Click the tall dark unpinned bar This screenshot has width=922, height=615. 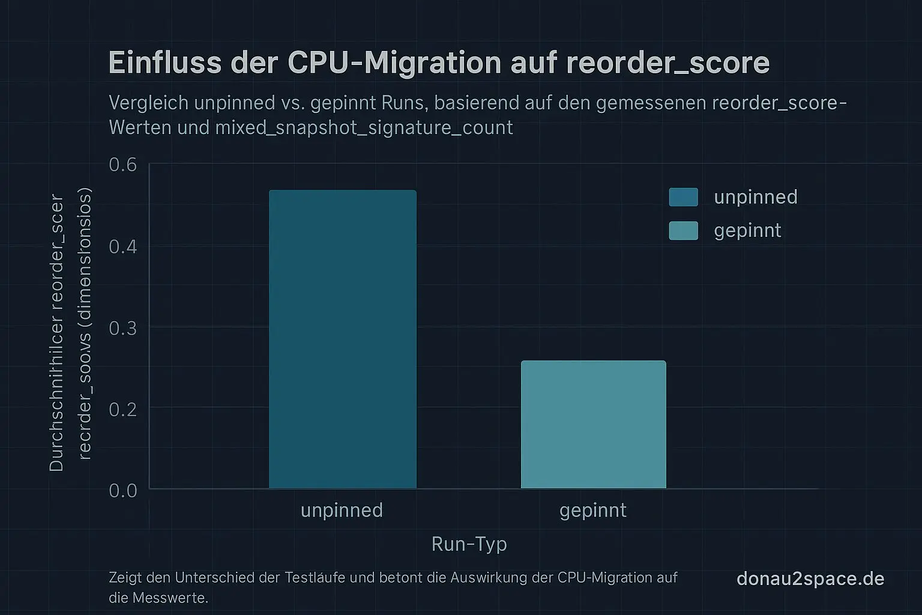click(x=342, y=339)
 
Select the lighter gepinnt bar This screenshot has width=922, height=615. click(x=593, y=425)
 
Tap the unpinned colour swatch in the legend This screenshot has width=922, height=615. click(x=683, y=197)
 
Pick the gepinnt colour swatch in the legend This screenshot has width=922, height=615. click(x=683, y=231)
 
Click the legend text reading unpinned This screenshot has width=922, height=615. click(x=755, y=197)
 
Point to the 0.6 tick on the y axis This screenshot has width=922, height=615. click(x=122, y=165)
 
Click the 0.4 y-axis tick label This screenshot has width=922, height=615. click(x=122, y=246)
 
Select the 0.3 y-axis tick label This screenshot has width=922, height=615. click(x=122, y=328)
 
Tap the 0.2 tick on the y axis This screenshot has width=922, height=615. click(x=122, y=409)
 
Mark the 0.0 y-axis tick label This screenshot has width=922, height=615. click(x=122, y=491)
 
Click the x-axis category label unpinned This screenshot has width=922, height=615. click(x=342, y=510)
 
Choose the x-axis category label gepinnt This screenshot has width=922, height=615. click(x=592, y=510)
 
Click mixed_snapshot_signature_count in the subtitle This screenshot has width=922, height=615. click(x=364, y=127)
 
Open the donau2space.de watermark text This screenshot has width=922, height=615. click(x=810, y=578)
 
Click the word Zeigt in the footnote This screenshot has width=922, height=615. click(x=125, y=578)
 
